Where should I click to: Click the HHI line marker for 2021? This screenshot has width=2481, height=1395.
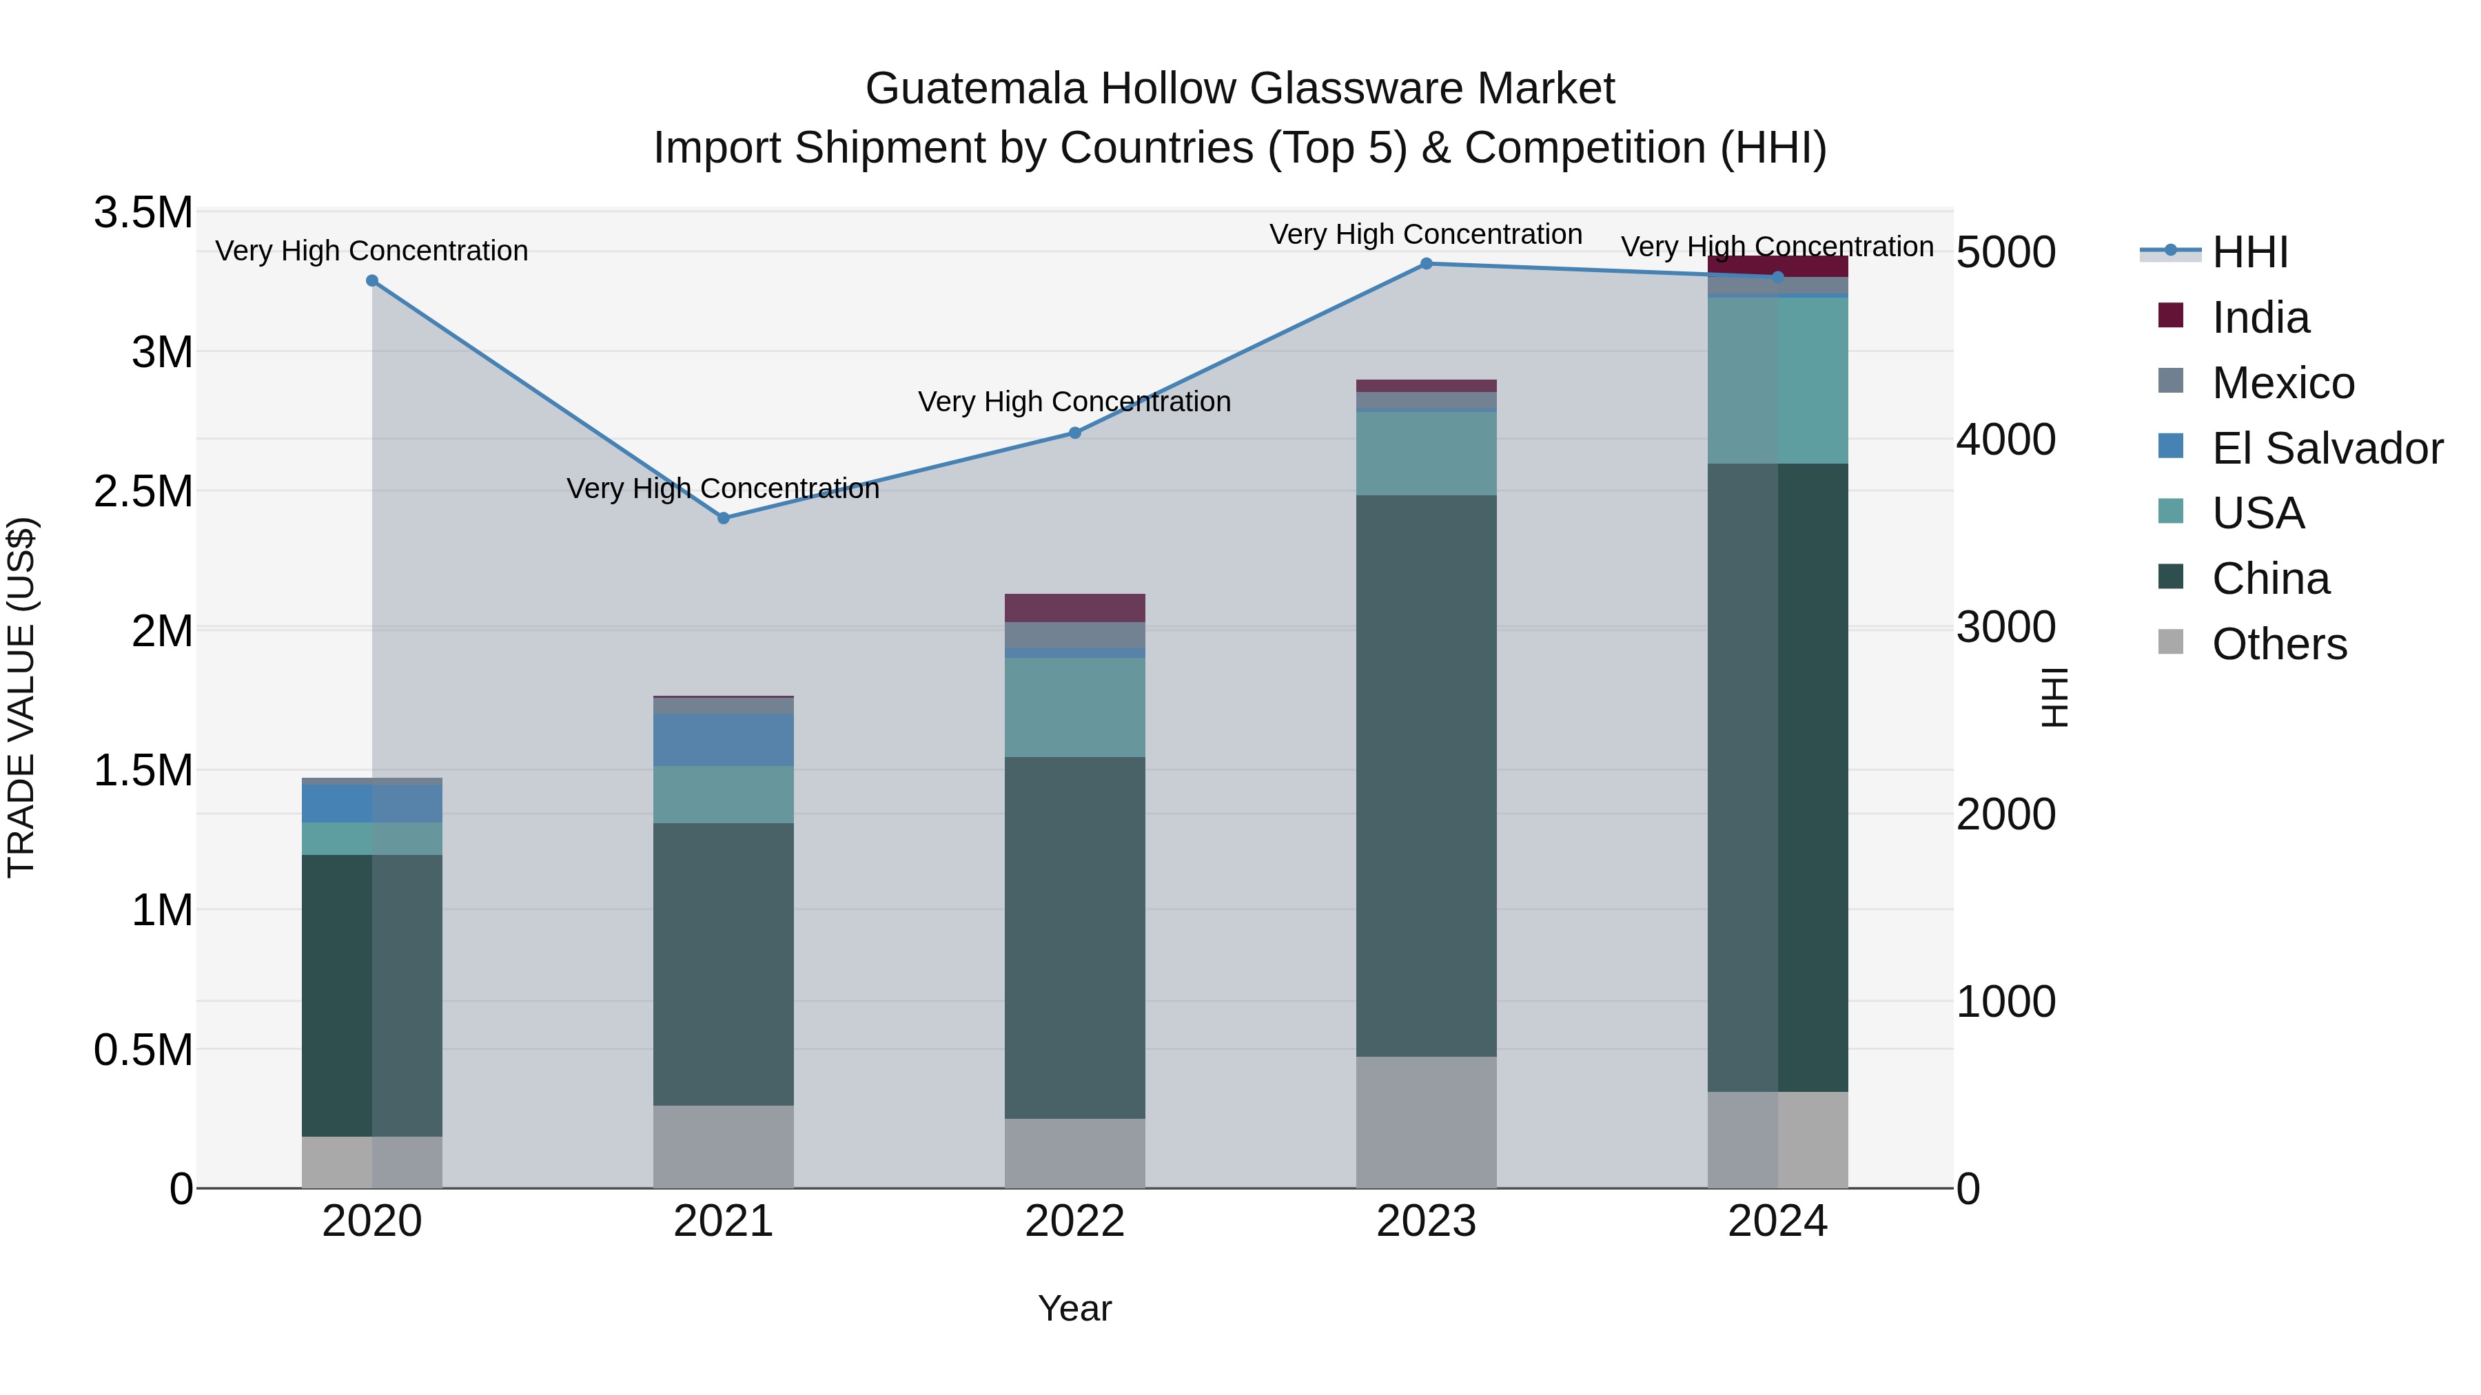click(724, 518)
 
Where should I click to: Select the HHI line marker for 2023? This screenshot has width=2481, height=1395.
click(1427, 264)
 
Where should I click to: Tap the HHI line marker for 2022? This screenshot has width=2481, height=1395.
click(1075, 433)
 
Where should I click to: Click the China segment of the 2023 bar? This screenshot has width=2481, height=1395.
click(1427, 775)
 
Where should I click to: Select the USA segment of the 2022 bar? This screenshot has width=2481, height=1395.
click(1075, 707)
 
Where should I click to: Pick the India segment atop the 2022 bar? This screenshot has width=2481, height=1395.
click(1075, 608)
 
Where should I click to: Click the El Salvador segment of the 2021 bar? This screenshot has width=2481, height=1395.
click(724, 739)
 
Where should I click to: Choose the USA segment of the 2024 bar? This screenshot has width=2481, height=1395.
click(1778, 380)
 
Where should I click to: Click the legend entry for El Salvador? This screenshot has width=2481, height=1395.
click(2327, 448)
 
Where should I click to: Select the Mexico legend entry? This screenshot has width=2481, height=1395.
click(2283, 383)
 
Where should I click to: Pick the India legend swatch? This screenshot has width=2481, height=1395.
click(2171, 316)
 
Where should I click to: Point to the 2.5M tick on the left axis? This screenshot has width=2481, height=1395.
click(145, 491)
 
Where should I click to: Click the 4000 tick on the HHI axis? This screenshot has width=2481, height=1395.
click(2006, 440)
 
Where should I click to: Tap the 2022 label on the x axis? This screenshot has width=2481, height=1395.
click(1075, 1221)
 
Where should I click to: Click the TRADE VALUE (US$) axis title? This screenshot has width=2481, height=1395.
click(21, 697)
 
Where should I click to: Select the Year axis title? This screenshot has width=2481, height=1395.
click(1075, 1308)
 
